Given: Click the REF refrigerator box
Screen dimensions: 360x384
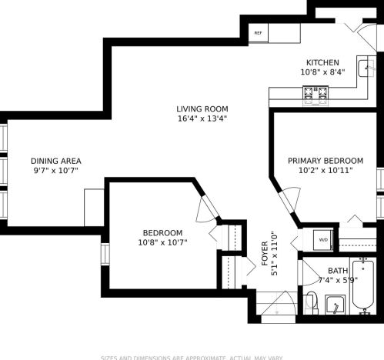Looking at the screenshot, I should click(258, 33).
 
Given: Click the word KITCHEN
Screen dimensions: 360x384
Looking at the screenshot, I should click(322, 62).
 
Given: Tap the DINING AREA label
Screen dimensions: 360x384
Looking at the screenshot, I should click(55, 161).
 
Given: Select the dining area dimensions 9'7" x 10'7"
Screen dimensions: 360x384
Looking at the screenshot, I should click(55, 170).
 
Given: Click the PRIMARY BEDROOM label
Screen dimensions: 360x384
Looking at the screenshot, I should click(325, 161).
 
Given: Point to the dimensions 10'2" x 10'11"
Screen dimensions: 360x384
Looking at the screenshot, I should click(325, 170).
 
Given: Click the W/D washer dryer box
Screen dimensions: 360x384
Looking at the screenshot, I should click(323, 239).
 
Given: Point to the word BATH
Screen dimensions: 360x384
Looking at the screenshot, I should click(337, 271).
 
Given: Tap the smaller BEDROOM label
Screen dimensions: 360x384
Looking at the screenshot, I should click(162, 233).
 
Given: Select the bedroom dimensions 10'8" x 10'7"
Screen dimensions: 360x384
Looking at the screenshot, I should click(162, 242).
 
